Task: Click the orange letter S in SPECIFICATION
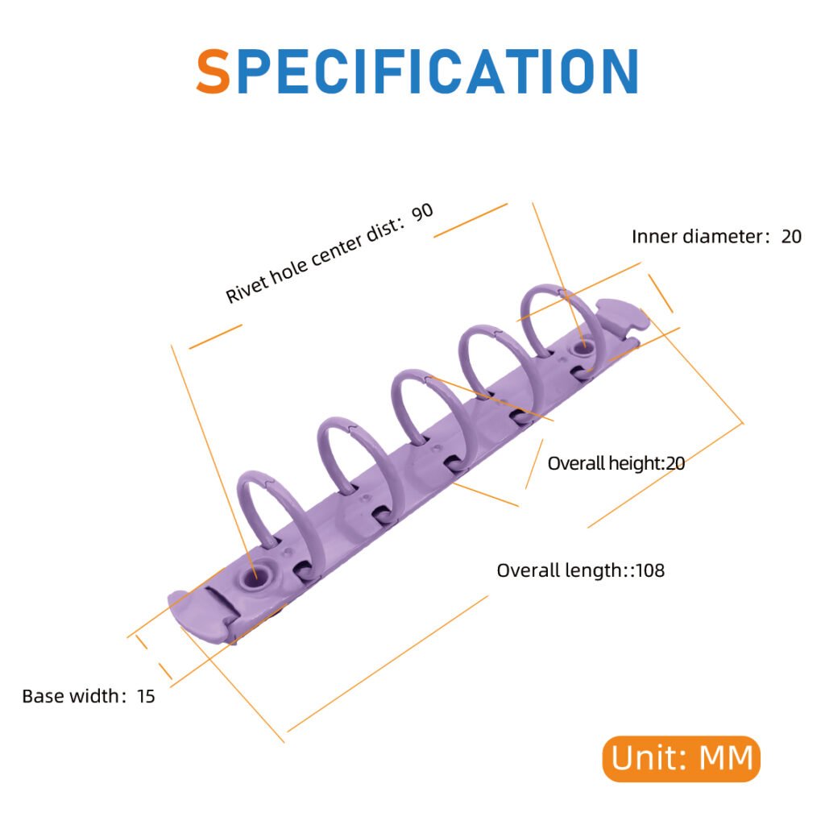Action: click(213, 71)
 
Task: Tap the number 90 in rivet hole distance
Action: click(422, 213)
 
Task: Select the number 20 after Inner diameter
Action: click(791, 237)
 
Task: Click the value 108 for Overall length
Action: click(650, 570)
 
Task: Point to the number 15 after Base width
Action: click(146, 696)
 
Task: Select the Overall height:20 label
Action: click(616, 463)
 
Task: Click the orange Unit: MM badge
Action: click(682, 758)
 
